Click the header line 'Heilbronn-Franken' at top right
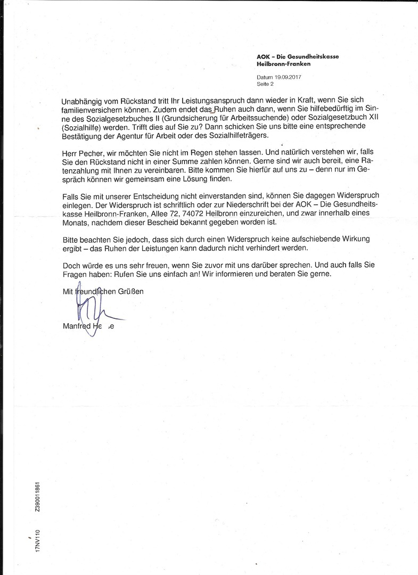(283, 64)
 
